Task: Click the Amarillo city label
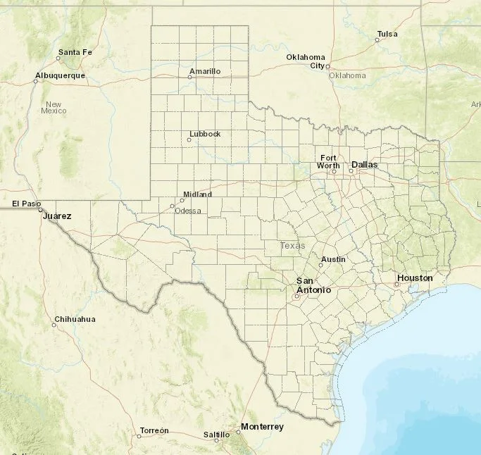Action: click(x=205, y=72)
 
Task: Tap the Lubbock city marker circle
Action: click(x=189, y=139)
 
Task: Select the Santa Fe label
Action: click(x=75, y=52)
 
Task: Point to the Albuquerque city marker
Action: click(x=36, y=82)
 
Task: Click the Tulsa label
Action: click(x=387, y=34)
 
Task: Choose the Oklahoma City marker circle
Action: click(x=328, y=66)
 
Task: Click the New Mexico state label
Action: click(x=54, y=108)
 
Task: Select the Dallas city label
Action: click(x=365, y=164)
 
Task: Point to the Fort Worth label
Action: click(x=328, y=161)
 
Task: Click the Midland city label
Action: click(x=197, y=194)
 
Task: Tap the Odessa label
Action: click(x=188, y=211)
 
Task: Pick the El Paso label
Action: click(x=23, y=204)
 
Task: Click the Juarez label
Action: click(x=57, y=216)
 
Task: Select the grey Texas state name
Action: click(x=293, y=246)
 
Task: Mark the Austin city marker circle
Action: click(x=320, y=266)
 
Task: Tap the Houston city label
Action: click(x=415, y=278)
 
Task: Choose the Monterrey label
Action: click(x=262, y=427)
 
